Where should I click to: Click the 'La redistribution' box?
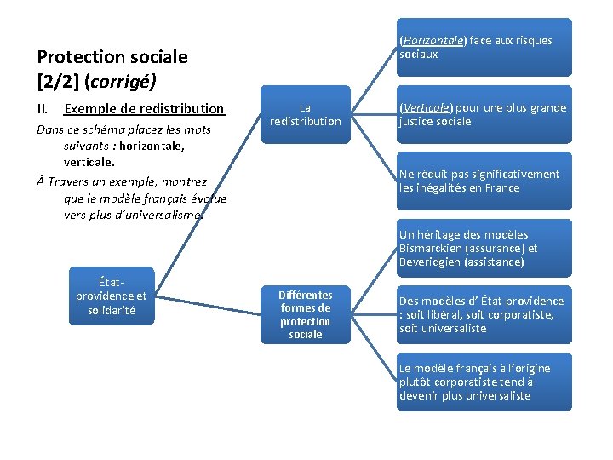(305, 114)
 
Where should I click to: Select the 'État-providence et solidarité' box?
(111, 296)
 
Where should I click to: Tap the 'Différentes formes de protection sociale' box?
(305, 314)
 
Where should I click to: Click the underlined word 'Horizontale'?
(433, 40)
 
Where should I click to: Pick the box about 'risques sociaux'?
(484, 47)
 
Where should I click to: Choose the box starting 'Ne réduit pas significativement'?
(484, 181)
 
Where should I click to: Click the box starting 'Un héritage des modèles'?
(484, 248)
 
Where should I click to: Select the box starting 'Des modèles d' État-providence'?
(484, 314)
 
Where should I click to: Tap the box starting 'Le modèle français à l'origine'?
(484, 382)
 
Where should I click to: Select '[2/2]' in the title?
(57, 83)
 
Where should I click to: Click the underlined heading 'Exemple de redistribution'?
(144, 109)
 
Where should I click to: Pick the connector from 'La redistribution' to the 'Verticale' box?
(374, 114)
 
